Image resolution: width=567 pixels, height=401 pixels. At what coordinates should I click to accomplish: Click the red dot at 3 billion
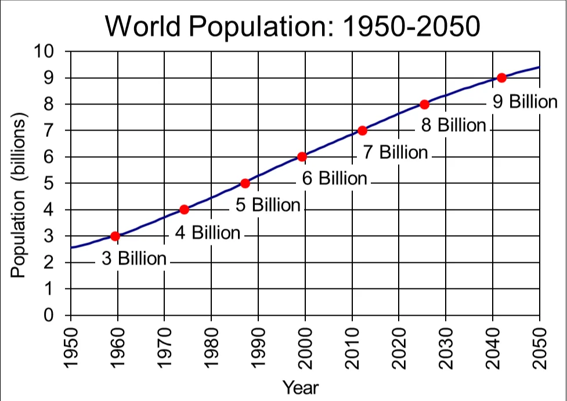point(115,236)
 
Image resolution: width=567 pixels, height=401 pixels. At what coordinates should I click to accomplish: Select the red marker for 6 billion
point(302,157)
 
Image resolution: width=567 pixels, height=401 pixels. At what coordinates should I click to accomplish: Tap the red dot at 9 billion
point(501,78)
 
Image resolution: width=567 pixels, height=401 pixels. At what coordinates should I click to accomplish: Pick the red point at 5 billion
point(245,183)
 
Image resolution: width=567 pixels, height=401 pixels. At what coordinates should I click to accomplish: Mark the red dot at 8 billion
point(424,104)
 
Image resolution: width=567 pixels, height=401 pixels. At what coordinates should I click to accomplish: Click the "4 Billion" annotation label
point(207,233)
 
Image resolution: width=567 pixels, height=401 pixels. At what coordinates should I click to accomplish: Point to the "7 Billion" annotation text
point(395,153)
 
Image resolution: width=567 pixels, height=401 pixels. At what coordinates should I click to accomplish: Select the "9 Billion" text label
point(525,102)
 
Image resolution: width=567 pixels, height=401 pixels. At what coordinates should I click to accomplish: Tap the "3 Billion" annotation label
point(134,259)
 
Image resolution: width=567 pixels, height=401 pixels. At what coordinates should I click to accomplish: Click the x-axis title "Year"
point(300,386)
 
